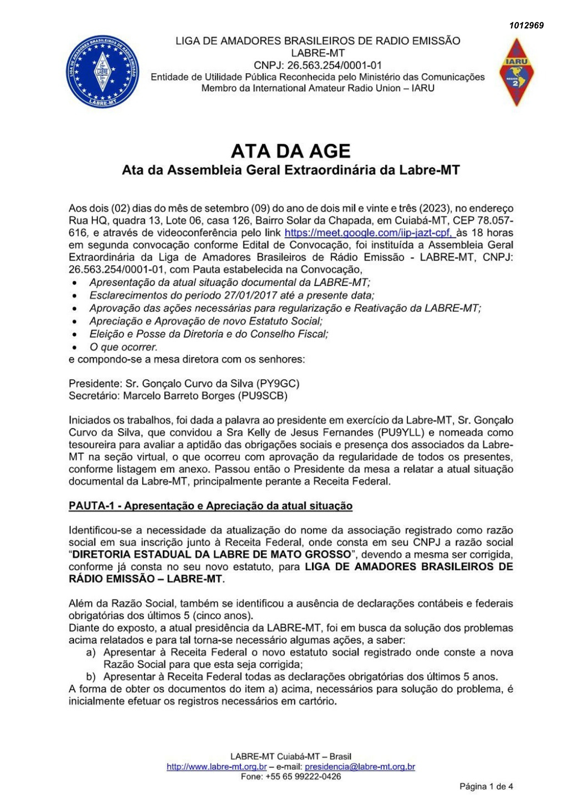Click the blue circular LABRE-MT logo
coord(103,71)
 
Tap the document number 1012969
coord(527,26)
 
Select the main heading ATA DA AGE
coord(291,151)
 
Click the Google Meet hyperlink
coord(369,233)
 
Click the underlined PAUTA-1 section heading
coord(210,506)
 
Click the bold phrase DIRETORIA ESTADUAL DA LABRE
coord(211,555)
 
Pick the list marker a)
coord(91,652)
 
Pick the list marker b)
coord(91,677)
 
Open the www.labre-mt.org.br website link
coord(216,767)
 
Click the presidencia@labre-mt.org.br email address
coord(360,767)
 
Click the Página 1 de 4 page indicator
coord(486,786)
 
